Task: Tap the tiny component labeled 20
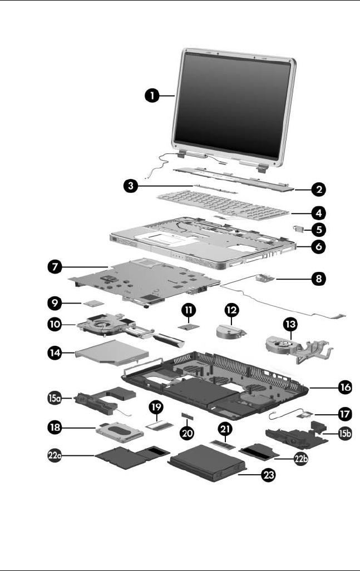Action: click(x=185, y=415)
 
